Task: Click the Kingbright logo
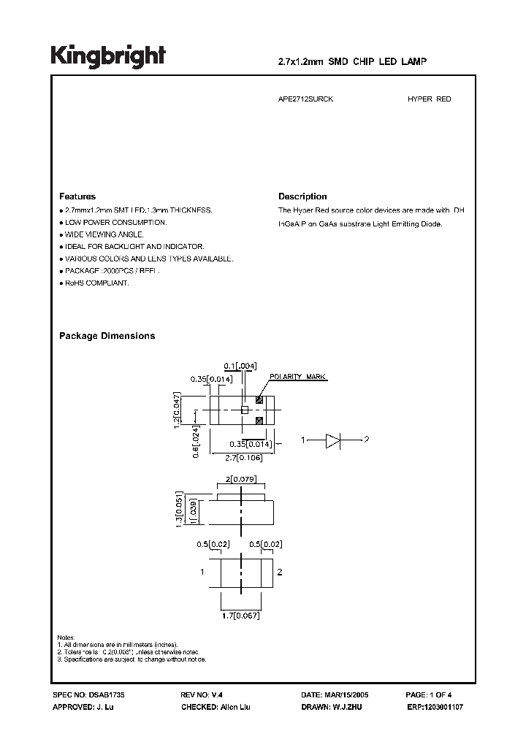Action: point(108,55)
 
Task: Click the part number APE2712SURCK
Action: point(300,99)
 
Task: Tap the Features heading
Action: point(77,196)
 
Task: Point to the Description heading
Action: point(302,196)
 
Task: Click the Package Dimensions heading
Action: point(107,336)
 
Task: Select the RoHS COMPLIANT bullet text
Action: point(96,283)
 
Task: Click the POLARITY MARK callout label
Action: point(299,378)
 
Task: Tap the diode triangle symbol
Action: point(333,440)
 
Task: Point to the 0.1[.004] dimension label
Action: point(240,365)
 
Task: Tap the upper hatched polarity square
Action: point(259,399)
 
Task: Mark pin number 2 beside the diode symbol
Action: point(367,440)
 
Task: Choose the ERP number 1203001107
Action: point(442,708)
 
